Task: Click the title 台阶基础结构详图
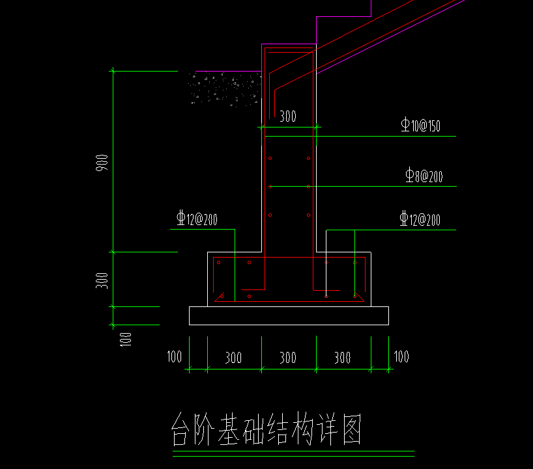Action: (266, 429)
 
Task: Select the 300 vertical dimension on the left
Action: (102, 280)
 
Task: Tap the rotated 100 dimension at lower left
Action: (126, 338)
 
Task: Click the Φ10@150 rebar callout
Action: (420, 126)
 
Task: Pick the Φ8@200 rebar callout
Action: (424, 176)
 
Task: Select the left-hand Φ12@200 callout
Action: (197, 219)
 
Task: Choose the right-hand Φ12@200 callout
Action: (420, 219)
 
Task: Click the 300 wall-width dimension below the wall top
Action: (287, 117)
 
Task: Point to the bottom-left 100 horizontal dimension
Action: (175, 356)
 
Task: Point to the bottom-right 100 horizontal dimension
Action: (401, 356)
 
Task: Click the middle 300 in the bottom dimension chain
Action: (288, 358)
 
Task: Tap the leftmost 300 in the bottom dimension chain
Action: (233, 358)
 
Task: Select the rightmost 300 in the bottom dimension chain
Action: (342, 358)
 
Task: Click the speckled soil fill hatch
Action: (225, 88)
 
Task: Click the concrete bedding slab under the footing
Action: (289, 315)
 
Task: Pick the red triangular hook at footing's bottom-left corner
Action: (220, 297)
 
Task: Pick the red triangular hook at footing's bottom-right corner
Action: (357, 297)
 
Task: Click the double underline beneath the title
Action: (293, 453)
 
